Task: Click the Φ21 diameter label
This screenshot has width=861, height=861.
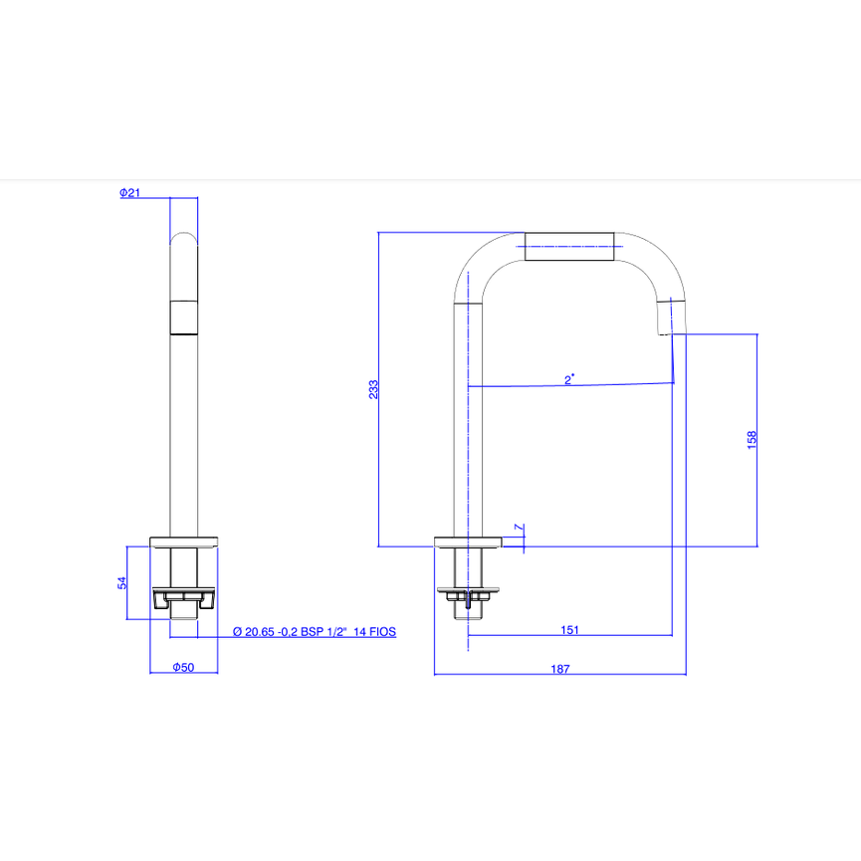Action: (130, 193)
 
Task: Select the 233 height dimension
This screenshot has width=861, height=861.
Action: (373, 389)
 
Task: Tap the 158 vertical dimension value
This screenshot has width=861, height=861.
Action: (752, 440)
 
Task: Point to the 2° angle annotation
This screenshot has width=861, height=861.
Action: (569, 379)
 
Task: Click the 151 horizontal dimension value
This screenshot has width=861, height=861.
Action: (570, 630)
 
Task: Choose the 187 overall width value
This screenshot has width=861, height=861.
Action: (560, 669)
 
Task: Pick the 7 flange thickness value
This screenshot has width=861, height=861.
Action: (519, 528)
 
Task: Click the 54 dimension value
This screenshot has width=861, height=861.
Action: (121, 583)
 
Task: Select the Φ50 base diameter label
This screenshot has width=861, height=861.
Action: (183, 667)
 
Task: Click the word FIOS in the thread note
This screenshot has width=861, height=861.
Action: (382, 631)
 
